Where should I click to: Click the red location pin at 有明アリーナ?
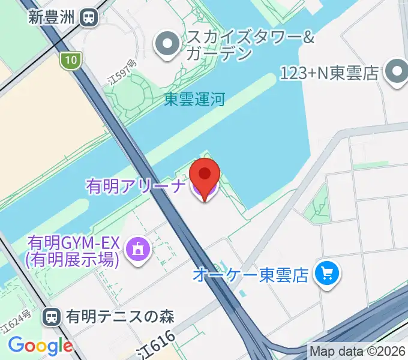click(x=205, y=176)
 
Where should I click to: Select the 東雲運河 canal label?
click(x=194, y=99)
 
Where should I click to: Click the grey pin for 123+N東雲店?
click(x=396, y=73)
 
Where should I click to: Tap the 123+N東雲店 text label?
click(x=330, y=73)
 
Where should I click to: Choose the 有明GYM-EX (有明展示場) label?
click(x=74, y=251)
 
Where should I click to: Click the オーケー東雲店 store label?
click(x=251, y=275)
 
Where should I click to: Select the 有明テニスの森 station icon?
click(x=53, y=316)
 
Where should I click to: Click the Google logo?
click(x=40, y=346)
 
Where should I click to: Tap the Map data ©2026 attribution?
click(x=358, y=351)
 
